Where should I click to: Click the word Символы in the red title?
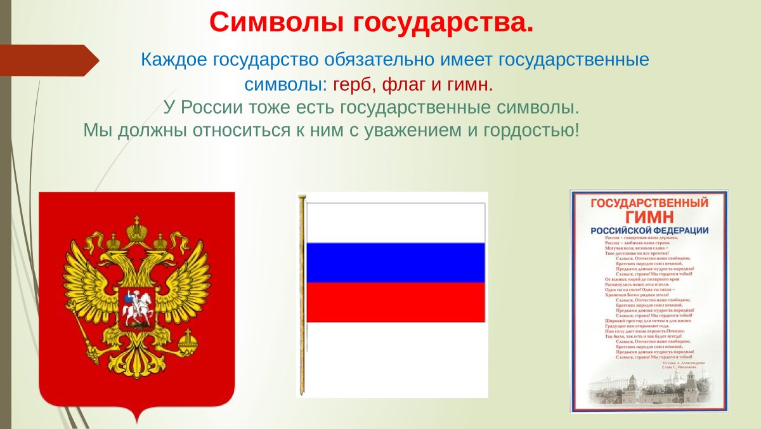tap(273, 22)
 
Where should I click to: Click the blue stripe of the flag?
tap(396, 262)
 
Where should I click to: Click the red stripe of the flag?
tap(396, 301)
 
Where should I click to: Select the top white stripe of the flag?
tap(396, 222)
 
